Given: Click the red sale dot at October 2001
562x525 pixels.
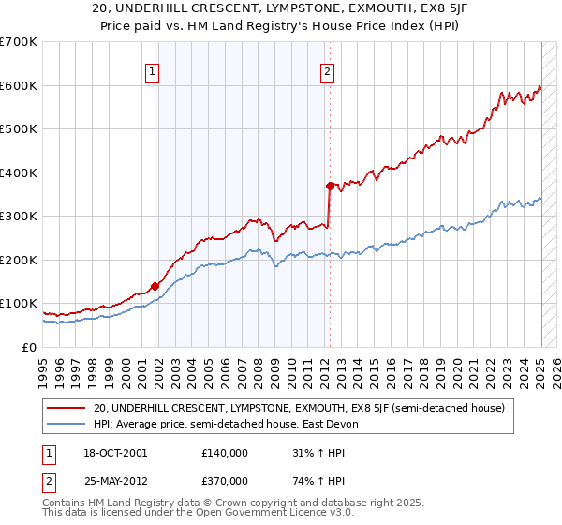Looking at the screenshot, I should click(155, 286).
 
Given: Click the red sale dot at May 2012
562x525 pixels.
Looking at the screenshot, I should click(330, 186).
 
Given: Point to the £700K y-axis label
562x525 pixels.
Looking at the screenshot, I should click(18, 42).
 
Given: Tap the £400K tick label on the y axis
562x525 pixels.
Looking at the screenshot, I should click(18, 172).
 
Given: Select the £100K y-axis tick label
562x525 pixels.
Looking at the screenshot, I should click(18, 304).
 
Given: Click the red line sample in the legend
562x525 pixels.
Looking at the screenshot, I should click(67, 408).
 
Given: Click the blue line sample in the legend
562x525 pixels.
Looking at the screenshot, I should click(67, 424).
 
